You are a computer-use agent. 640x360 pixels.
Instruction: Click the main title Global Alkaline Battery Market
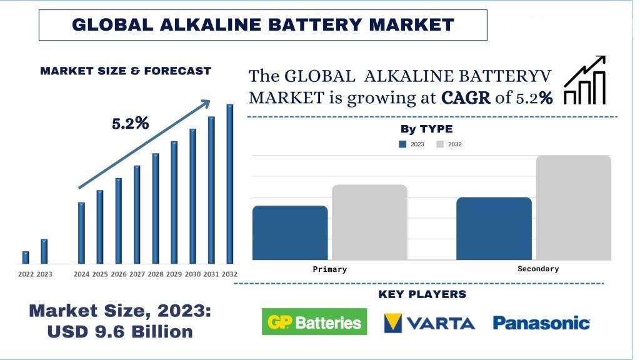coord(262,25)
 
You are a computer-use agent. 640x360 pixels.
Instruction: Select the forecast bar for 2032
coord(229,184)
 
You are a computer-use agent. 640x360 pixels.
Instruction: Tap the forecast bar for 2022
coord(26,257)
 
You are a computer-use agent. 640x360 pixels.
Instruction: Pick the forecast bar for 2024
coord(81,232)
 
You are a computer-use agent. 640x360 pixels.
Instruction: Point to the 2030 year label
coord(192,274)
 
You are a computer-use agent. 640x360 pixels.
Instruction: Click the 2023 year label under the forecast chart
coord(44,274)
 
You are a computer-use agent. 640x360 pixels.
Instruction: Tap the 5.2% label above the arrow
coord(130,124)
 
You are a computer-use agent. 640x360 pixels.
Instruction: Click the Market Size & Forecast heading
coord(126,71)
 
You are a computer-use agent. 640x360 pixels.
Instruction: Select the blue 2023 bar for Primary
coord(290,232)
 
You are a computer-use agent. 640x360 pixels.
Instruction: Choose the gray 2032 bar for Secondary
coord(573,207)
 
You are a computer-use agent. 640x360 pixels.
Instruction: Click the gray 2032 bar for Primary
coord(369,222)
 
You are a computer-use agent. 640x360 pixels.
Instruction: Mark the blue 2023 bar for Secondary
coord(494,228)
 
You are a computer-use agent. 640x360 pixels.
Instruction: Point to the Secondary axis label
coord(538,269)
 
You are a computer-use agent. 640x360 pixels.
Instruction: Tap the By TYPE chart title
coord(426,129)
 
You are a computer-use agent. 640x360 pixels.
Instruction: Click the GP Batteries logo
coord(314,322)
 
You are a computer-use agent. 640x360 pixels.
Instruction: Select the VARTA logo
coord(429,322)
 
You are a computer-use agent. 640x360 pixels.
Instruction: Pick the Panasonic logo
coord(541,322)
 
